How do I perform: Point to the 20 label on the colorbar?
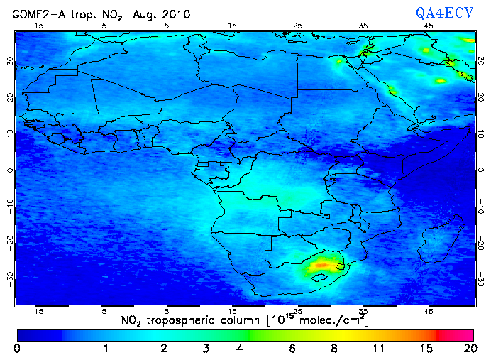(x=468, y=349)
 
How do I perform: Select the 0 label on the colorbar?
(x=16, y=349)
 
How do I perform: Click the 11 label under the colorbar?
(x=378, y=349)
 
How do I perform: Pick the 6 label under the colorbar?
(x=292, y=349)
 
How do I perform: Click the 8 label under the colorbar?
(x=333, y=349)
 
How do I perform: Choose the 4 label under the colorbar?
(x=240, y=349)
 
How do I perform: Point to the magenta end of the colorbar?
(x=461, y=334)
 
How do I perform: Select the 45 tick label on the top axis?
(x=429, y=25)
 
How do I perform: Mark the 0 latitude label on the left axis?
(x=9, y=170)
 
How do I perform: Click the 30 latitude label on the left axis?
(x=9, y=62)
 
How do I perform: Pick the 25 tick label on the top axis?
(x=297, y=25)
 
